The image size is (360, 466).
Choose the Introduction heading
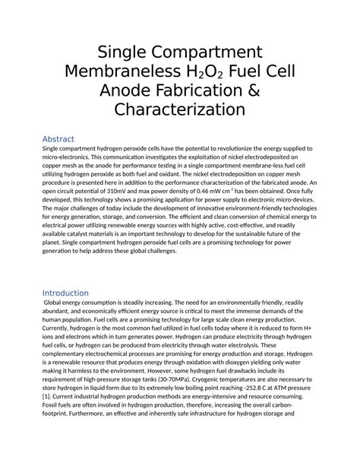click(x=65, y=293)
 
